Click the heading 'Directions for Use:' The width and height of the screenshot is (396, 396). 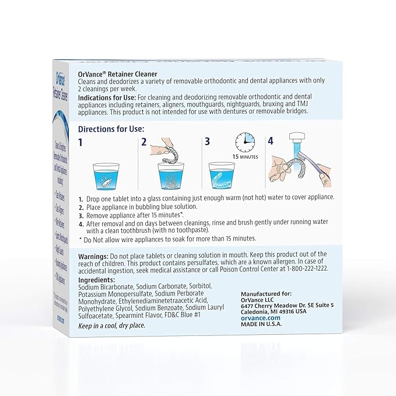point(111,129)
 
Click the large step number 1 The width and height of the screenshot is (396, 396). point(82,142)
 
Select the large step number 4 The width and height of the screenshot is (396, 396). point(270,142)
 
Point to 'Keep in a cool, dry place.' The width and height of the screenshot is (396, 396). point(111,325)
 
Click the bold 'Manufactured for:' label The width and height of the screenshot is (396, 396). point(266,293)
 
